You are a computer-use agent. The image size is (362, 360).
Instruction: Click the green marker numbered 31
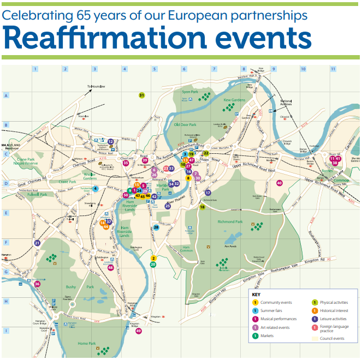click(x=141, y=95)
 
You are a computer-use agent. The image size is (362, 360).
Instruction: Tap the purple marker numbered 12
click(x=110, y=141)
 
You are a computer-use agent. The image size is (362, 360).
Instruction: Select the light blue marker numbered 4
click(x=96, y=189)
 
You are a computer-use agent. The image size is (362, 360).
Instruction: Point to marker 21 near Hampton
click(x=37, y=243)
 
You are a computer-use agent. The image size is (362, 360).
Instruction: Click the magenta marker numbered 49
click(x=139, y=331)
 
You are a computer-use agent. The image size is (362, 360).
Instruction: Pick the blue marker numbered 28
click(x=156, y=227)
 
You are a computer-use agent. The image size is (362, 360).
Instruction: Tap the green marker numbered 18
click(x=202, y=207)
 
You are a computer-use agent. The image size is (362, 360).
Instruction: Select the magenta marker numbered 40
click(x=280, y=183)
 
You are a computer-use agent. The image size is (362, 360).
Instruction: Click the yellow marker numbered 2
click(x=154, y=258)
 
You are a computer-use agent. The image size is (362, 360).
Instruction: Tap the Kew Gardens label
click(x=235, y=100)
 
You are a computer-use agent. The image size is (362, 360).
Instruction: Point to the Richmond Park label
click(x=230, y=222)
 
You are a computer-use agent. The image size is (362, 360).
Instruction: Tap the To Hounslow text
click(x=96, y=87)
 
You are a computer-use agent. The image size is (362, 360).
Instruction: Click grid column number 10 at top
click(x=303, y=69)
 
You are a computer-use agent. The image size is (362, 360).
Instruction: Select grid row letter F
click(x=6, y=243)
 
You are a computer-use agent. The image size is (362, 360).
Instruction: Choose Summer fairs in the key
click(x=271, y=311)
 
